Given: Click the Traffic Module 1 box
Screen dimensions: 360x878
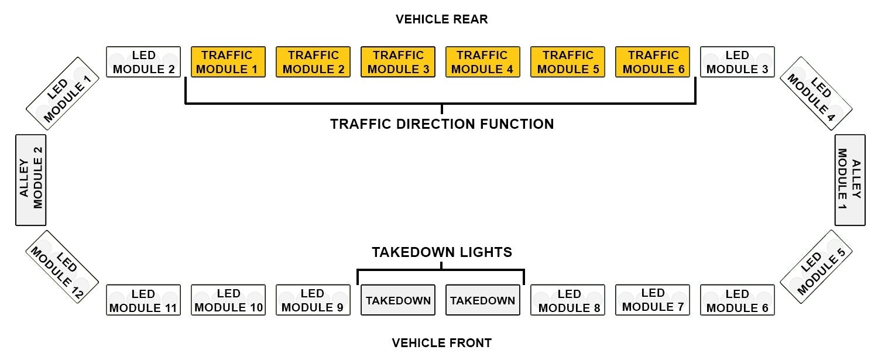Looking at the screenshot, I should [228, 62].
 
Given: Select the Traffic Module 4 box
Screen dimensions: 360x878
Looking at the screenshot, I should [483, 62].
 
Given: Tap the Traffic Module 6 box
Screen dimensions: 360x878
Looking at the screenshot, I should [653, 62].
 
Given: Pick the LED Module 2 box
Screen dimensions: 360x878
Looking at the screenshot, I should [143, 62].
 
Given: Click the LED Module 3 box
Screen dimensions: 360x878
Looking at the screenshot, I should [738, 62].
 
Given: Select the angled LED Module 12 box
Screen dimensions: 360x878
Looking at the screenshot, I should [62, 267].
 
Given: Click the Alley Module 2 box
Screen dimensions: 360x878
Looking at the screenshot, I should [30, 180].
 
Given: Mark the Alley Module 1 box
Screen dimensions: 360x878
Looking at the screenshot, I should [850, 180].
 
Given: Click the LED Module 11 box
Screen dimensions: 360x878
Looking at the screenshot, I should [143, 300].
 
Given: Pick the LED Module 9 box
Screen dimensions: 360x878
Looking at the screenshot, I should [313, 300].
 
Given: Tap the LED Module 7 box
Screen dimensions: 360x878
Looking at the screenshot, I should [653, 300].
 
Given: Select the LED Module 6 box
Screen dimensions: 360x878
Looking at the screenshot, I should [738, 300].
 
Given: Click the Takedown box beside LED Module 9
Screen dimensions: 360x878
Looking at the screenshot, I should [398, 300].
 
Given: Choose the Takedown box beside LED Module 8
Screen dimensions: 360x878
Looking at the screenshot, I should [483, 300].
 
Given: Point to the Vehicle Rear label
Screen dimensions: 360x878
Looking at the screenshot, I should [441, 19].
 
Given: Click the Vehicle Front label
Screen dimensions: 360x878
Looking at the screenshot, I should [441, 342].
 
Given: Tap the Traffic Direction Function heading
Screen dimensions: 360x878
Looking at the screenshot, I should [441, 124].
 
